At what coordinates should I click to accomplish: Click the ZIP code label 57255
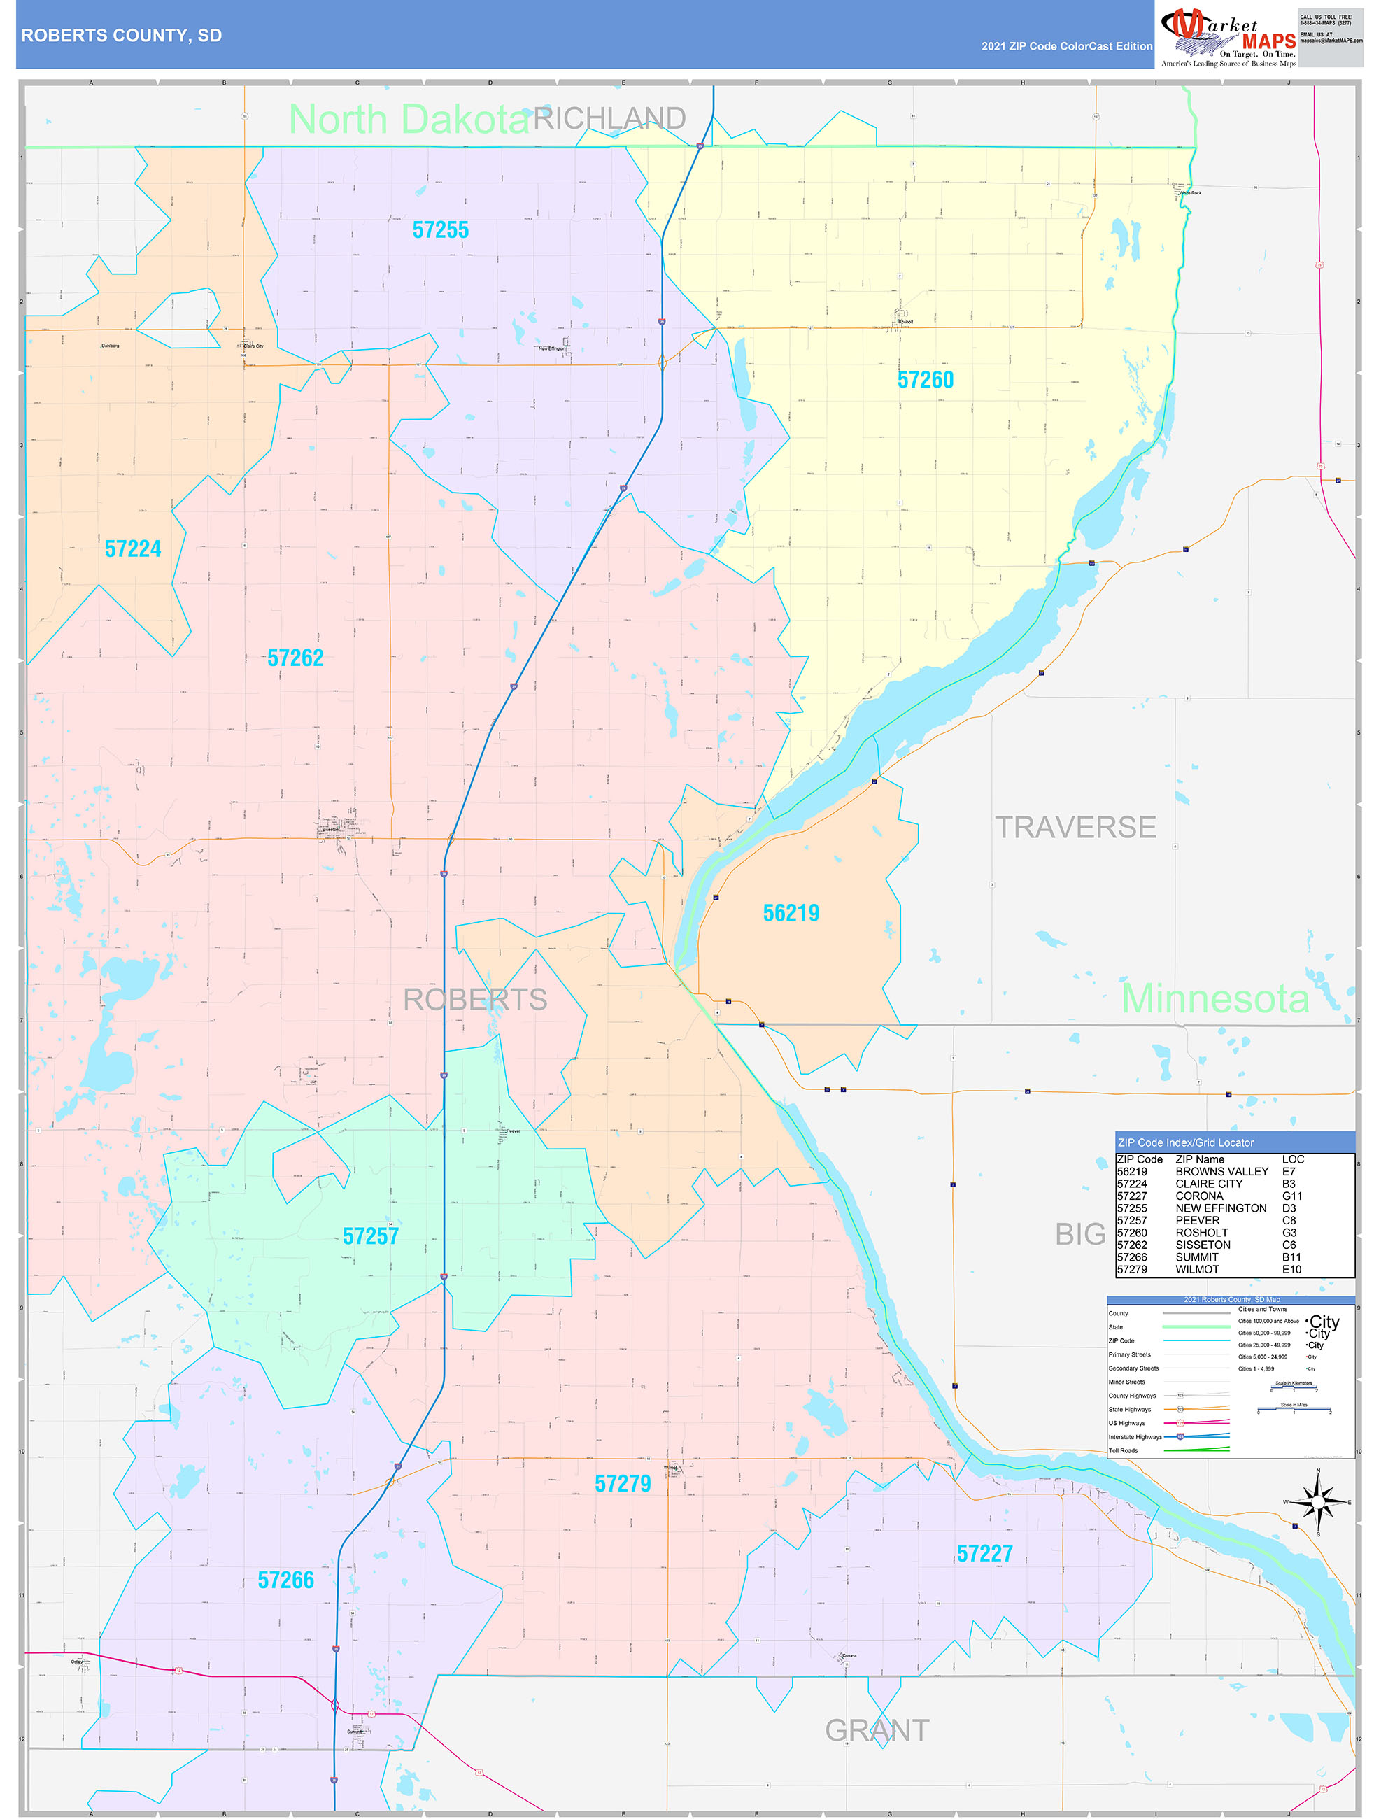[x=440, y=230]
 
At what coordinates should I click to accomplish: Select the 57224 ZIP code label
[x=132, y=549]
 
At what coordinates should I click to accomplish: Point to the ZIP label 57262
[x=295, y=658]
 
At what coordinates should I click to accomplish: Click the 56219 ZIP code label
[x=791, y=913]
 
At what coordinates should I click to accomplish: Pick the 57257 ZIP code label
[x=370, y=1236]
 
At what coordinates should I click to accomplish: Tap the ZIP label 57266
[x=285, y=1580]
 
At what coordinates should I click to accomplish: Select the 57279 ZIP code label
[x=622, y=1483]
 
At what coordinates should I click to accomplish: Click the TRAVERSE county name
[x=1075, y=827]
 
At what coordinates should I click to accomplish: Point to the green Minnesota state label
[x=1215, y=998]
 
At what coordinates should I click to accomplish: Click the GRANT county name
[x=877, y=1730]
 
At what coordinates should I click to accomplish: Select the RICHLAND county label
[x=609, y=118]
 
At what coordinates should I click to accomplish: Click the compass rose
[x=1317, y=1501]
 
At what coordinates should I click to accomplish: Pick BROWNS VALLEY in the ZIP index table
[x=1221, y=1171]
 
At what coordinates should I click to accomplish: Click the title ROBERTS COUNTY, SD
[x=122, y=36]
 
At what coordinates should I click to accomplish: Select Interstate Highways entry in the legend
[x=1134, y=1436]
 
